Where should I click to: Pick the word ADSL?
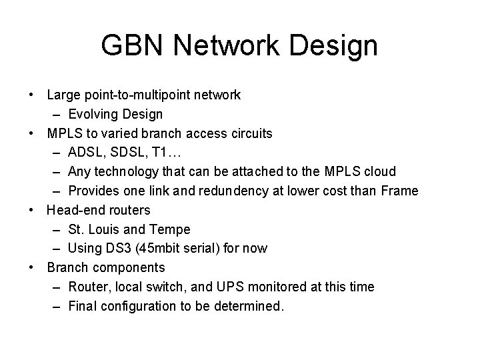(x=84, y=153)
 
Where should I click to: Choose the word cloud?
(x=379, y=172)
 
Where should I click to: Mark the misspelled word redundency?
(x=243, y=191)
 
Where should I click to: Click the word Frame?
(x=400, y=191)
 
